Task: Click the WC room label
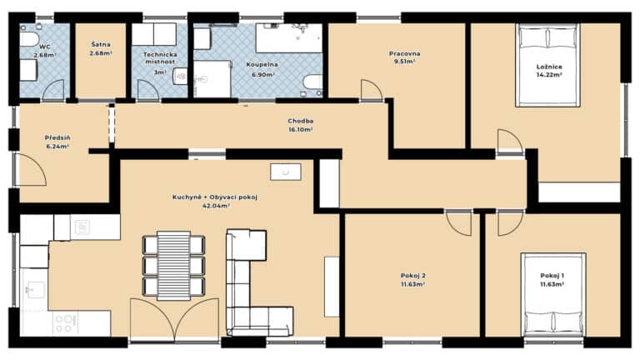(x=45, y=47)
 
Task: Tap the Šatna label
(x=101, y=44)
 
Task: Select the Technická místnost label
(x=160, y=58)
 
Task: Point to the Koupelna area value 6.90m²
(x=263, y=75)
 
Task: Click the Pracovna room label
(x=404, y=53)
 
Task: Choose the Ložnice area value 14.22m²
(x=549, y=75)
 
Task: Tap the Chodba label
(x=300, y=121)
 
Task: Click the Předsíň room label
(x=57, y=137)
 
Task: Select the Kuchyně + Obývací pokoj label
(x=215, y=197)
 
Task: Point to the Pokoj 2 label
(x=413, y=276)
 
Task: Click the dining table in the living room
(x=174, y=266)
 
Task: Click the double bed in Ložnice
(x=547, y=65)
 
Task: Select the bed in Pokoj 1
(x=553, y=295)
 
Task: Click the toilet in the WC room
(x=29, y=39)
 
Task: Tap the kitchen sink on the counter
(x=34, y=287)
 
